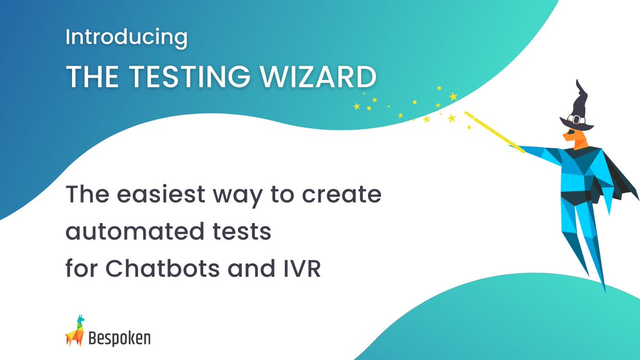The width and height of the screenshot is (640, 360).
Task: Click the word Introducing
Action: (x=126, y=38)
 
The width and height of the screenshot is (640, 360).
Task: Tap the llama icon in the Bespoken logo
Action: (x=75, y=331)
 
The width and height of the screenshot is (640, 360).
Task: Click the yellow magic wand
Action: (x=493, y=131)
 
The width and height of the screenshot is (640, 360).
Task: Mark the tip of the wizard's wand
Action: (x=466, y=113)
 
